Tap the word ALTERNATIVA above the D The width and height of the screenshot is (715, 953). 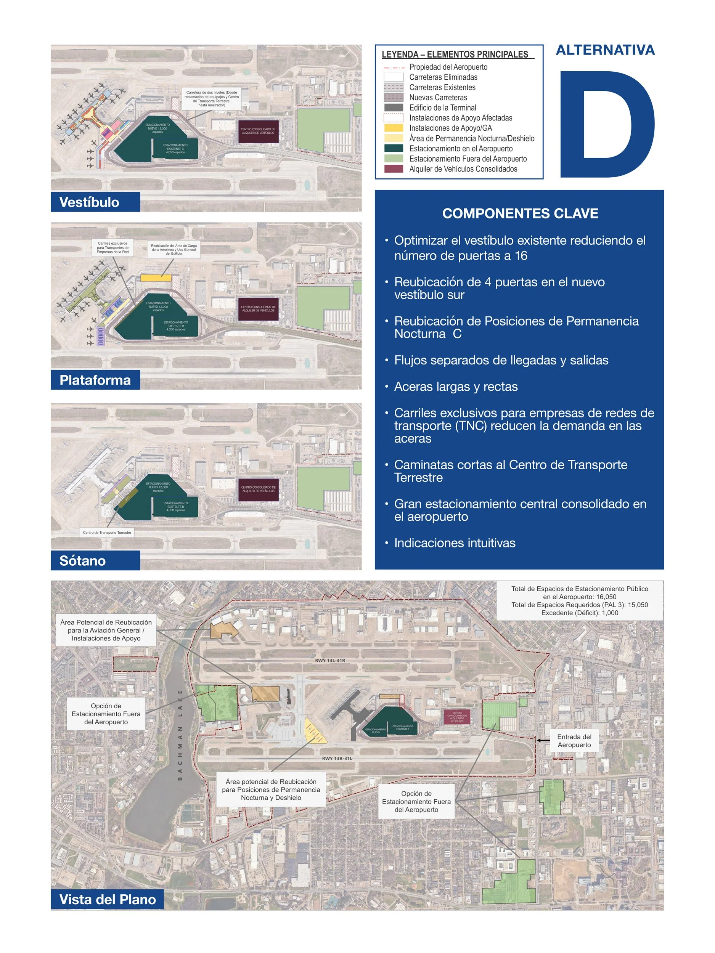605,50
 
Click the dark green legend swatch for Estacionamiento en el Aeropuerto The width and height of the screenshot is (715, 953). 393,148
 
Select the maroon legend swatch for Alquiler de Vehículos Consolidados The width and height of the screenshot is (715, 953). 393,169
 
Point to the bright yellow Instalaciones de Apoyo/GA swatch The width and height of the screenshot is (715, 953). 393,128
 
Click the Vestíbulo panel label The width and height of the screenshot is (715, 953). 89,202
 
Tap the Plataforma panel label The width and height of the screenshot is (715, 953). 95,380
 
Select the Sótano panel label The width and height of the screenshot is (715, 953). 82,560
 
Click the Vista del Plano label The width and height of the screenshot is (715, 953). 107,899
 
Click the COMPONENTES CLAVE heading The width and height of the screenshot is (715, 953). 520,213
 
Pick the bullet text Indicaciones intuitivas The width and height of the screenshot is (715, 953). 454,543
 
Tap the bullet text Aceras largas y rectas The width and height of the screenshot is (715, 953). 456,387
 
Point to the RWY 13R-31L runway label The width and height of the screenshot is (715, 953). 337,758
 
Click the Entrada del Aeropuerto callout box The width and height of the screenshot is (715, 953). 574,741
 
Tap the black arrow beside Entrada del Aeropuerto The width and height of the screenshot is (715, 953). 543,740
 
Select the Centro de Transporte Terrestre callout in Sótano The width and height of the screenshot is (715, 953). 107,533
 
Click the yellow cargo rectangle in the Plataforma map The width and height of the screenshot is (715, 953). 156,278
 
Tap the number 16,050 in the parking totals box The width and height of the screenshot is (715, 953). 606,597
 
